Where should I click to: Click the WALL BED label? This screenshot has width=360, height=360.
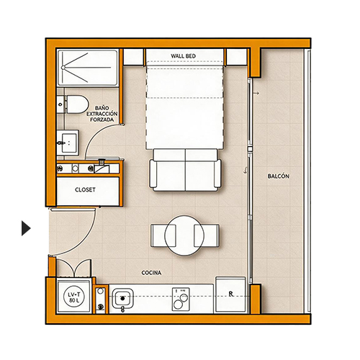pos(183,56)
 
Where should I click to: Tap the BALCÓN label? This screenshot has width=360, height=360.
pos(279,176)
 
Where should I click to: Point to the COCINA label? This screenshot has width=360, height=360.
pos(151,273)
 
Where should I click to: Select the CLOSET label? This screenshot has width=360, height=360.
pos(85,189)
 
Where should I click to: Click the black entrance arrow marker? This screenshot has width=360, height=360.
pos(26,228)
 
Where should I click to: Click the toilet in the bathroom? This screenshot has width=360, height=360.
pos(73,104)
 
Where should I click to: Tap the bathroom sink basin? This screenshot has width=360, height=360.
pos(68,143)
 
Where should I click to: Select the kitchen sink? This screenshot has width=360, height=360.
pos(122,299)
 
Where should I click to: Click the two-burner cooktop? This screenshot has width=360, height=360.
pos(181,299)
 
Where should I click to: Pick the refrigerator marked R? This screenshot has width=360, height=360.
pos(230,294)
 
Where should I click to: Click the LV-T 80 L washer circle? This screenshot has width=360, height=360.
pos(73,297)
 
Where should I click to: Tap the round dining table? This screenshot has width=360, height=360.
pos(184,235)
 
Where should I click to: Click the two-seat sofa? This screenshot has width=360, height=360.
pos(185,170)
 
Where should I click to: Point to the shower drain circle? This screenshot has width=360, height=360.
pos(63,68)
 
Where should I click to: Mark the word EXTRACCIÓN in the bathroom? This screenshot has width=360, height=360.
pos(102,114)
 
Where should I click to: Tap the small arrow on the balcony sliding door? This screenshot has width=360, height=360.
pos(256,93)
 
